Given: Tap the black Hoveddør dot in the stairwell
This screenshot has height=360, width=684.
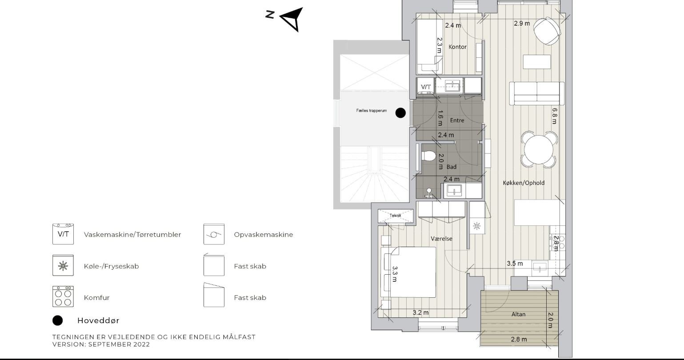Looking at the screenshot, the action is click(400, 113).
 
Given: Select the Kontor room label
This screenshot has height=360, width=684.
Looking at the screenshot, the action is click(457, 47).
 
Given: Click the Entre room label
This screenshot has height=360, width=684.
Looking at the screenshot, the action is click(457, 120).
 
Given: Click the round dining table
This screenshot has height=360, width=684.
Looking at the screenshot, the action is click(539, 150).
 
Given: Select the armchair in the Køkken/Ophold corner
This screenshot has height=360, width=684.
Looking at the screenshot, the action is click(547, 31).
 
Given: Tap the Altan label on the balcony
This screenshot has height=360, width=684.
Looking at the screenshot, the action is click(519, 314).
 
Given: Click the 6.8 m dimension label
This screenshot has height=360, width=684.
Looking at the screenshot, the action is click(555, 116).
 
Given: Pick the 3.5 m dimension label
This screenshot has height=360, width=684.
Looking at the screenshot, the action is click(515, 264).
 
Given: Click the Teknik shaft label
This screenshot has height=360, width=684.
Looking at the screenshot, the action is click(395, 216).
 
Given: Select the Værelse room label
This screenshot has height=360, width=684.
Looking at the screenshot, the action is click(441, 239).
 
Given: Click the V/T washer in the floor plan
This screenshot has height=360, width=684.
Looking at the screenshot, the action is click(426, 87).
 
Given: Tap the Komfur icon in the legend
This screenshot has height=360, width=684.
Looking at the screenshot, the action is click(63, 296).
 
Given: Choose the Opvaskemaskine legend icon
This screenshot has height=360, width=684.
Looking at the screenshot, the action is click(214, 234).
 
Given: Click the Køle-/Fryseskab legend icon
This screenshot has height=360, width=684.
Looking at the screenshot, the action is click(63, 265).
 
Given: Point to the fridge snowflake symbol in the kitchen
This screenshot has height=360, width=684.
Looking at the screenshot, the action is click(476, 226).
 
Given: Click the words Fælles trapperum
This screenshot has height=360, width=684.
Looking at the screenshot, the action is click(371, 111).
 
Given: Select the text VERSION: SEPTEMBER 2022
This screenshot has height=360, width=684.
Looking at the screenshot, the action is click(101, 344).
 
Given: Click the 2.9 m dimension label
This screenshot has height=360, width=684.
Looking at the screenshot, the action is click(522, 23).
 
